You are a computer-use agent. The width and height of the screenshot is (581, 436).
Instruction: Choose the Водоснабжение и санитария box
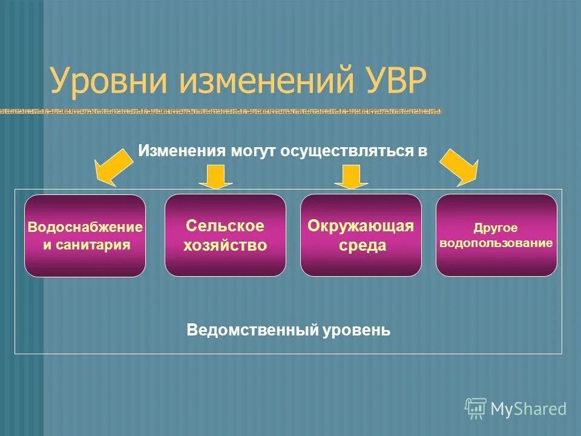coord(85,236)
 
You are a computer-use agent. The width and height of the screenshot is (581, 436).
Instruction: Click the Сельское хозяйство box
coord(225,235)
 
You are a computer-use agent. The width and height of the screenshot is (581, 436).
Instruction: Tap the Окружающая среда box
coord(361,235)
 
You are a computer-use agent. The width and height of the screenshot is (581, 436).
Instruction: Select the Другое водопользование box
coord(496,235)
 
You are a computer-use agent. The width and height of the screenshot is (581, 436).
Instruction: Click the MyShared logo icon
coord(476,408)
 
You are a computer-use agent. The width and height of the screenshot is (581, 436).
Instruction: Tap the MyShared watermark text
coord(528,409)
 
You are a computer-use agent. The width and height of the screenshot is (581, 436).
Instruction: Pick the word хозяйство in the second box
coord(226,245)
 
